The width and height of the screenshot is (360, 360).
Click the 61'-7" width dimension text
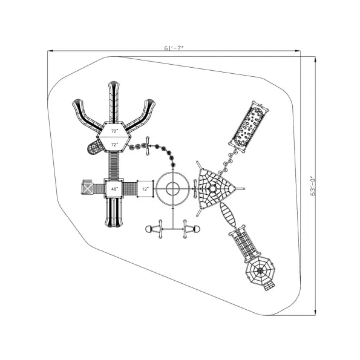[x=174, y=48]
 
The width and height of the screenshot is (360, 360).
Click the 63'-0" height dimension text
[x=313, y=186]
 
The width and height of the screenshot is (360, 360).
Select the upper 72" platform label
[x=114, y=131]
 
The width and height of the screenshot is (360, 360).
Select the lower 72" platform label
[x=114, y=145]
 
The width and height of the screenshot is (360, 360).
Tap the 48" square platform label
[x=114, y=189]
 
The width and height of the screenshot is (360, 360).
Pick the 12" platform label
[x=145, y=189]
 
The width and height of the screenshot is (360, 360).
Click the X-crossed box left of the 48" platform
[x=88, y=189]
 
